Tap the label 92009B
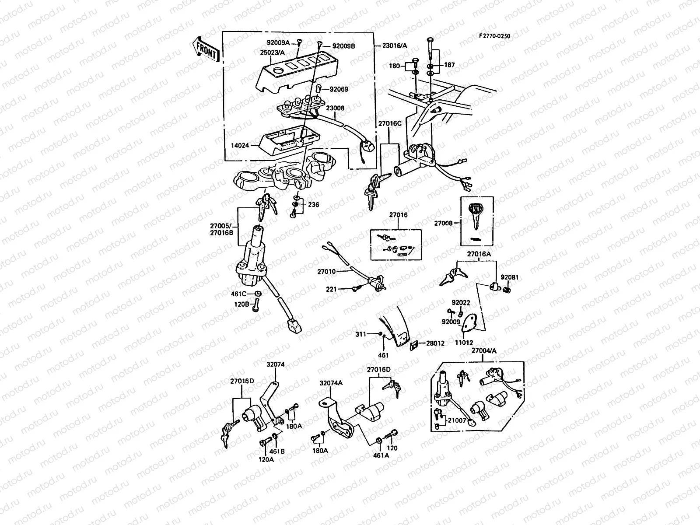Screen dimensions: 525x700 (343, 45)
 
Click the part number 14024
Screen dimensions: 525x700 (240, 145)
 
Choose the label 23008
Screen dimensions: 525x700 (335, 107)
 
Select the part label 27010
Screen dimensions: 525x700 (326, 272)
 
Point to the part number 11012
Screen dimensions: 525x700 (464, 343)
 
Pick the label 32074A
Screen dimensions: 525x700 (331, 383)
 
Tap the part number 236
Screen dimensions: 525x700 (313, 204)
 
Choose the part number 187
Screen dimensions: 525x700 (449, 65)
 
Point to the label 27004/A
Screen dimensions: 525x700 (484, 350)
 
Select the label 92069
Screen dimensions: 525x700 (339, 89)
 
